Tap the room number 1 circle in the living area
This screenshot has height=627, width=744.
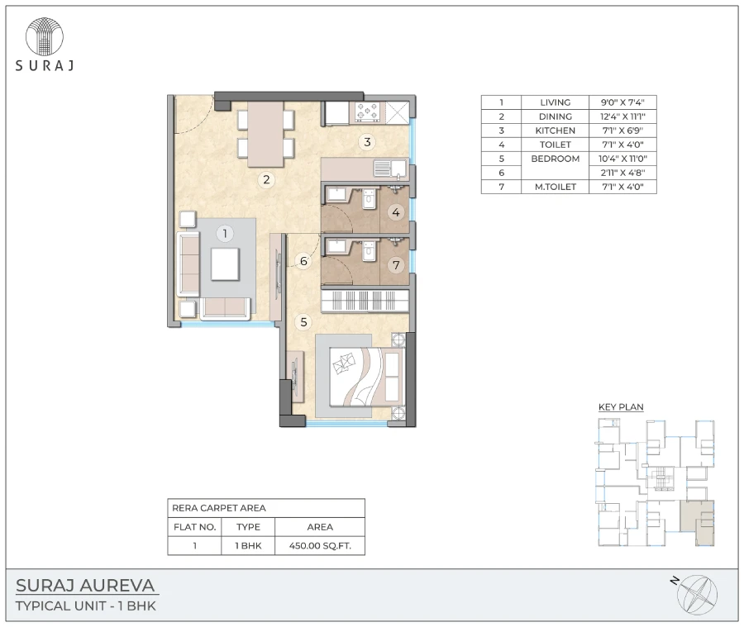[223, 234]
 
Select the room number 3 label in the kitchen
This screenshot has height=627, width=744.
[367, 142]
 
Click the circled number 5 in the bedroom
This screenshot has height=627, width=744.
[304, 322]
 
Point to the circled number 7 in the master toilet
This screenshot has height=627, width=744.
[396, 265]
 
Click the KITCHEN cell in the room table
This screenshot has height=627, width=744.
[556, 131]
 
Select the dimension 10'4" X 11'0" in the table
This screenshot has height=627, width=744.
[622, 159]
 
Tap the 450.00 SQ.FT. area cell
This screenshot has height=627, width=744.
[320, 546]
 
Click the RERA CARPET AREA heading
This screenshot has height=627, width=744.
[218, 509]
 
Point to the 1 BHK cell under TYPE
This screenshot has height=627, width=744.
[248, 546]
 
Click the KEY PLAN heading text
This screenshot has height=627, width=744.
[621, 406]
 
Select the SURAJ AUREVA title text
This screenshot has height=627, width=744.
[86, 587]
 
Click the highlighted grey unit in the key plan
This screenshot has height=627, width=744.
[697, 522]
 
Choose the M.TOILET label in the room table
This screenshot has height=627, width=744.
[556, 188]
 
